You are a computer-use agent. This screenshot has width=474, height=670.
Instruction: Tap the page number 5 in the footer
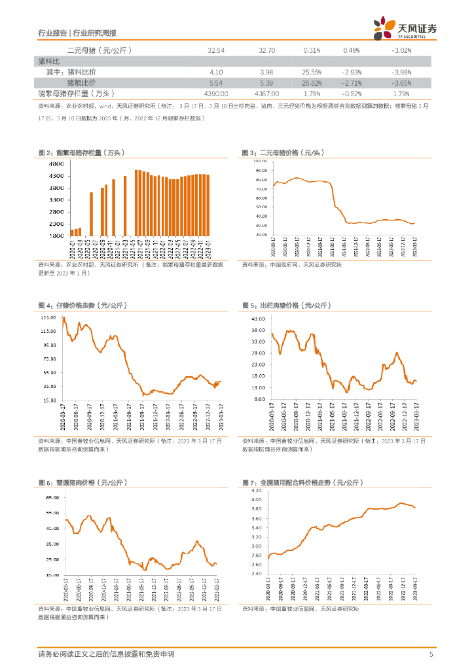point(431,654)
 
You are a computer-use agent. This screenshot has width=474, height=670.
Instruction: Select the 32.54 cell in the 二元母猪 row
point(215,50)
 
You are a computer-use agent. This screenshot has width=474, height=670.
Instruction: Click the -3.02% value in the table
point(401,50)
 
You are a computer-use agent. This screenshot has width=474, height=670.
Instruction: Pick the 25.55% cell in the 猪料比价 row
point(311,72)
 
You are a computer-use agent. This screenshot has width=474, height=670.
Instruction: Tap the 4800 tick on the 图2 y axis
point(56,166)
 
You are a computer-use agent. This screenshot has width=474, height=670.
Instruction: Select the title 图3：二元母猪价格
point(282,152)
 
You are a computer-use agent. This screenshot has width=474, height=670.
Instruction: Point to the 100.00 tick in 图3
point(260,161)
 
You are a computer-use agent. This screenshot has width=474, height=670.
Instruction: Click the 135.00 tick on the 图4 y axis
point(48,317)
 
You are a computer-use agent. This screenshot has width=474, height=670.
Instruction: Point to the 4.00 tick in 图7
point(256,499)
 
